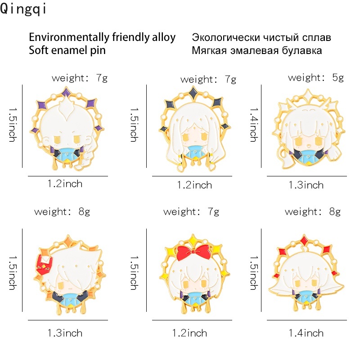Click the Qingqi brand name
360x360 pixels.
pyautogui.click(x=23, y=9)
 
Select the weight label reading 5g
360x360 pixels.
pyautogui.click(x=315, y=77)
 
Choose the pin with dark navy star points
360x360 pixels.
pyautogui.click(x=193, y=128)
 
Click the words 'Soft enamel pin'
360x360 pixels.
pyautogui.click(x=67, y=50)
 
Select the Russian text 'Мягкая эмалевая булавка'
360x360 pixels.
pyautogui.click(x=256, y=50)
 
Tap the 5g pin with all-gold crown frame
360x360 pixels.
pyautogui.click(x=306, y=128)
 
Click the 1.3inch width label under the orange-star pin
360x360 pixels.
pyautogui.click(x=65, y=333)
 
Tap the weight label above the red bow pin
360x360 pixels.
pyautogui.click(x=191, y=211)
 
